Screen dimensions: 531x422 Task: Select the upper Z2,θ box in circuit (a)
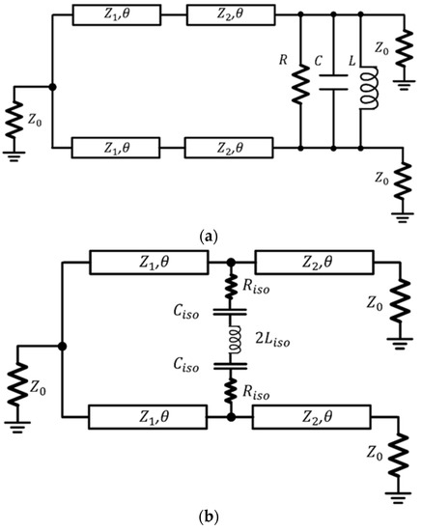[x=223, y=15]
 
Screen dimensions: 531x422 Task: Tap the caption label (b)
[x=210, y=517]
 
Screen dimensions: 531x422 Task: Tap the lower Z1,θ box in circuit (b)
[x=146, y=417]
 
